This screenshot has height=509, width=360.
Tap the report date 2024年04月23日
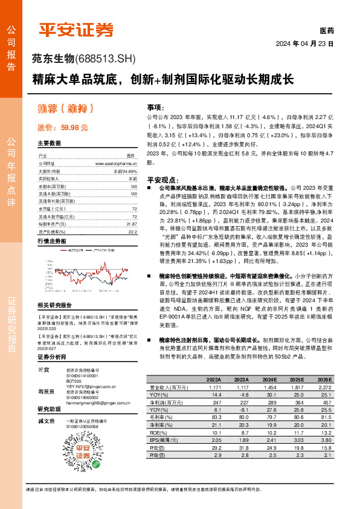(304, 44)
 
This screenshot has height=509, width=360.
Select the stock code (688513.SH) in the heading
(107, 59)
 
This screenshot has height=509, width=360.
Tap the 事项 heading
(155, 106)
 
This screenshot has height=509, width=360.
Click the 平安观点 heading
(160, 180)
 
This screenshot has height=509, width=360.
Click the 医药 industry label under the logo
(326, 30)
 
